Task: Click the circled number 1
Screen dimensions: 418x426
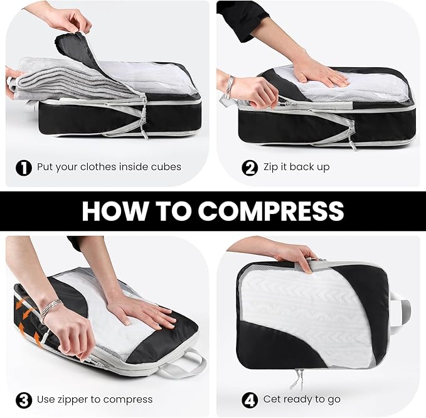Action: [24, 167]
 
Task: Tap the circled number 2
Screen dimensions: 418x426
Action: [250, 167]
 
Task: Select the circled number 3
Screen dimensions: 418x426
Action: [24, 399]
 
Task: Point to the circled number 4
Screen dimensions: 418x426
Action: [250, 399]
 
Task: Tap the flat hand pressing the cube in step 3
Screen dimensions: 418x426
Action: [144, 312]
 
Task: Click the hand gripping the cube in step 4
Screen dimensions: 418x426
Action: [295, 254]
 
